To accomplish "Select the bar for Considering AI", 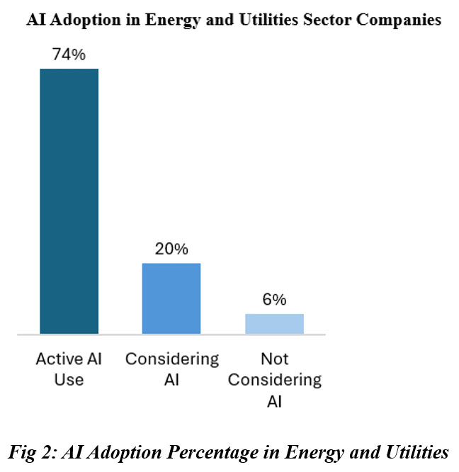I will tap(171, 298).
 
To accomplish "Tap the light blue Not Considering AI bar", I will tap(274, 323).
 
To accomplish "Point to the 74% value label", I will tap(68, 55).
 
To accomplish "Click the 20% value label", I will tap(171, 249).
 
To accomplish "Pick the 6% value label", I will tap(274, 300).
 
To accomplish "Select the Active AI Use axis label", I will tap(69, 369).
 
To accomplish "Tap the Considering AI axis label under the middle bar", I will tap(171, 369).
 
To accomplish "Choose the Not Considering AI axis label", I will tap(274, 380).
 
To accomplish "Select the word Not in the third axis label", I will tap(274, 359).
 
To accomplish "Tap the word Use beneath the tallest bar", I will tap(69, 380).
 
